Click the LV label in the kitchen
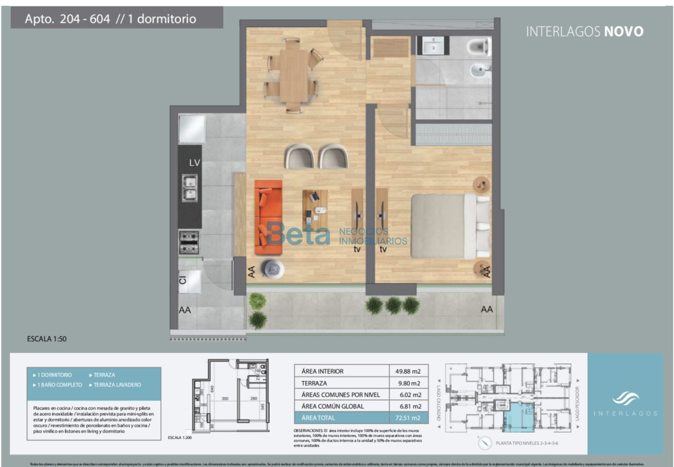194,163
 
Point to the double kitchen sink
189,188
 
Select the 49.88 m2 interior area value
408,371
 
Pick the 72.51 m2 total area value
408,418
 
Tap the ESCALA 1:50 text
47,339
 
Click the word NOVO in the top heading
623,31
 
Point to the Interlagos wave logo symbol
625,398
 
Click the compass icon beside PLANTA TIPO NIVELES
484,443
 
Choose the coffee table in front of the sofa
315,206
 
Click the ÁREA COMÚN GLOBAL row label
333,406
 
